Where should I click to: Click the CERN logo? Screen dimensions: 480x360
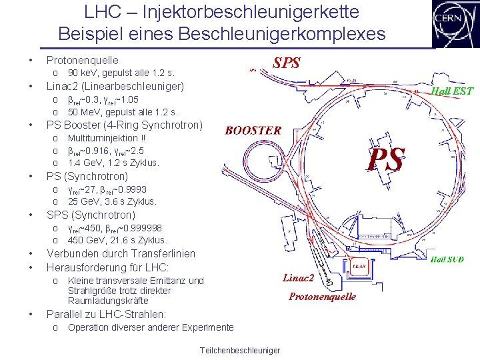pyautogui.click(x=454, y=23)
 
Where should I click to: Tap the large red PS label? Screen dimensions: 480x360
pyautogui.click(x=387, y=161)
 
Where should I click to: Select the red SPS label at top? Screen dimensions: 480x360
pyautogui.click(x=287, y=63)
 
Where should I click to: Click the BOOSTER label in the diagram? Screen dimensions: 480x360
pyautogui.click(x=253, y=131)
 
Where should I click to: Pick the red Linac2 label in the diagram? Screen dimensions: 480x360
pyautogui.click(x=298, y=277)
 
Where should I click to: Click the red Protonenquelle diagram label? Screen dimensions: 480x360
pyautogui.click(x=322, y=297)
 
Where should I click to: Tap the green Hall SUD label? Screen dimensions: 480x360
pyautogui.click(x=447, y=259)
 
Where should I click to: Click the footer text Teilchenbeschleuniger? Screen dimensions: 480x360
pyautogui.click(x=239, y=351)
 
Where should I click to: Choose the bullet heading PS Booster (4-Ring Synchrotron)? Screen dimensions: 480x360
pyautogui.click(x=123, y=125)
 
